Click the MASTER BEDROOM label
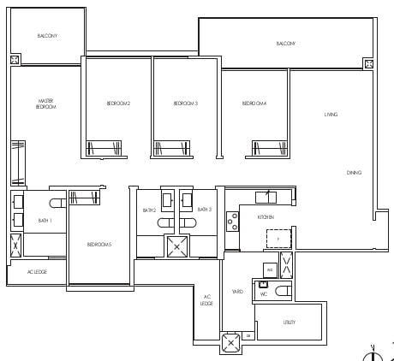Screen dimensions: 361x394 pyautogui.click(x=45, y=104)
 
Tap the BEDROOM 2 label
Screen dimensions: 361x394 pyautogui.click(x=118, y=104)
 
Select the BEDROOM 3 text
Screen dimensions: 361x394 pyautogui.click(x=186, y=104)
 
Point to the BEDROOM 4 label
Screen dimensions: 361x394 pyautogui.click(x=254, y=104)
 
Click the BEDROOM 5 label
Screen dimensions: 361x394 pyautogui.click(x=99, y=245)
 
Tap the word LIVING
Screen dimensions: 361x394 pyautogui.click(x=331, y=114)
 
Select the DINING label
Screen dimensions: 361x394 pyautogui.click(x=354, y=173)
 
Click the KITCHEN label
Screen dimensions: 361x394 pyautogui.click(x=266, y=217)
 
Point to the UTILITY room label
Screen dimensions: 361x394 pyautogui.click(x=290, y=323)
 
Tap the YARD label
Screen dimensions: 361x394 pyautogui.click(x=237, y=292)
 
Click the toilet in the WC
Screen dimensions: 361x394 pyautogui.click(x=282, y=291)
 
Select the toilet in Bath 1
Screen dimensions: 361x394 pyautogui.click(x=57, y=204)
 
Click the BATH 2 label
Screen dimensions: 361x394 pyautogui.click(x=149, y=210)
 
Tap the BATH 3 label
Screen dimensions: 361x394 pyautogui.click(x=204, y=210)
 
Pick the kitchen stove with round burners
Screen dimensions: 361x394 pyautogui.click(x=231, y=221)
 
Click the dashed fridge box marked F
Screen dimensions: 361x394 pyautogui.click(x=278, y=239)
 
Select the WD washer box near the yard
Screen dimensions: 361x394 pyautogui.click(x=269, y=269)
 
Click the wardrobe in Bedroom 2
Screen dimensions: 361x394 pyautogui.click(x=104, y=149)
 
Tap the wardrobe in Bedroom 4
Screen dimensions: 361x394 pyautogui.click(x=268, y=149)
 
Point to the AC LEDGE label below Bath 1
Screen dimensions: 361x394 pyautogui.click(x=37, y=272)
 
